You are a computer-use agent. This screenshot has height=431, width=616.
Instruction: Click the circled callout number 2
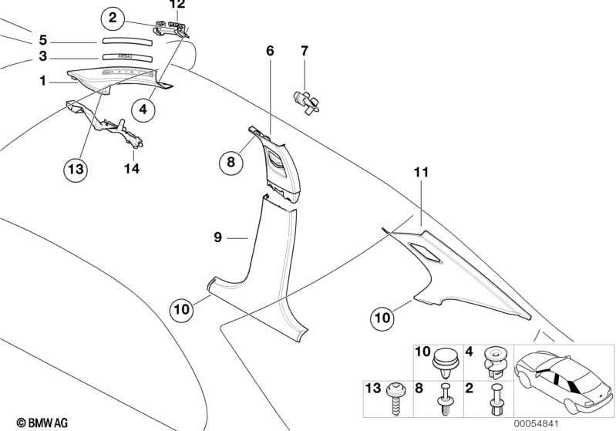(113, 17)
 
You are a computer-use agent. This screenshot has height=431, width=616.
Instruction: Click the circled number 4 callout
(143, 110)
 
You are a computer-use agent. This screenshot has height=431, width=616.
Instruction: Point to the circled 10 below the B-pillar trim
(180, 310)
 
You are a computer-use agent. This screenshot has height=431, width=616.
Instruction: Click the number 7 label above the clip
(305, 51)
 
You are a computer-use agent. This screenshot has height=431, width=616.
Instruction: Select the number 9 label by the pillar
(219, 238)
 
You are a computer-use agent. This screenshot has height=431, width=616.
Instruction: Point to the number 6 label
(270, 51)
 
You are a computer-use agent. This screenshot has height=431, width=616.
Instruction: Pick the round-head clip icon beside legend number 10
(444, 359)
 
